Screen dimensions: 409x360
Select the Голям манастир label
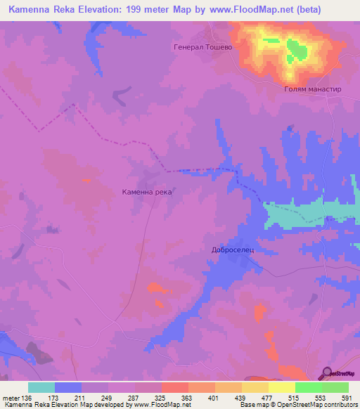(312, 91)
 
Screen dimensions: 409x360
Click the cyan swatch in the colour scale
(41, 387)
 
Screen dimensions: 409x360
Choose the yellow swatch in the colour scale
(282, 387)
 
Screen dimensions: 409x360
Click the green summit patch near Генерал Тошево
(295, 51)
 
